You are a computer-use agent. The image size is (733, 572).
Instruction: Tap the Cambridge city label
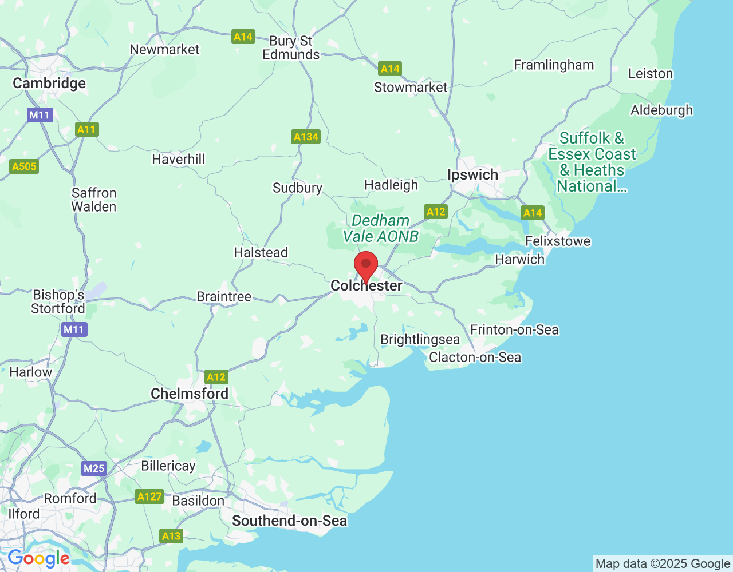click(49, 84)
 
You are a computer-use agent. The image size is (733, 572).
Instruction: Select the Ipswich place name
click(472, 175)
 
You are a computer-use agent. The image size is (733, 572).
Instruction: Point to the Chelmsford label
click(190, 394)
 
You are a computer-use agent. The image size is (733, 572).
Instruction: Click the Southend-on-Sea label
click(289, 521)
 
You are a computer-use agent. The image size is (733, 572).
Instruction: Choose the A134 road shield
click(306, 137)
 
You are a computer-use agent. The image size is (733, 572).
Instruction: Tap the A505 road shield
click(24, 166)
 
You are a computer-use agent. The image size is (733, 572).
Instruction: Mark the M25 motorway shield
click(94, 468)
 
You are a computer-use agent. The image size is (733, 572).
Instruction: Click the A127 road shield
click(149, 496)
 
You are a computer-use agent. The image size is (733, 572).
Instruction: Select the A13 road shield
click(171, 536)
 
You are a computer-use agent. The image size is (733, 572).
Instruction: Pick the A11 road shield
click(87, 129)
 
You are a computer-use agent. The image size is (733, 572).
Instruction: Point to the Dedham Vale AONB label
click(381, 228)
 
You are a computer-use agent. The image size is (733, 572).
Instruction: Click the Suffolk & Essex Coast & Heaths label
click(592, 162)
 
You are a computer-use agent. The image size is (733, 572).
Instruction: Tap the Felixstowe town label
click(558, 241)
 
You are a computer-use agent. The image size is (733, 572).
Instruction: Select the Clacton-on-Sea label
click(475, 357)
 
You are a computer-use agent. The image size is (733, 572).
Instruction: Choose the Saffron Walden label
click(94, 200)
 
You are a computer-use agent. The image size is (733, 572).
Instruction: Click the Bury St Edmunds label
click(291, 48)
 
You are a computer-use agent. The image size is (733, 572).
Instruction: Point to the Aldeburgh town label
click(661, 110)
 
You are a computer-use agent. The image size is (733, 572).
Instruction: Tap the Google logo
click(38, 559)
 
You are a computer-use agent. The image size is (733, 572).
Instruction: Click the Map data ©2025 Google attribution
click(663, 564)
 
